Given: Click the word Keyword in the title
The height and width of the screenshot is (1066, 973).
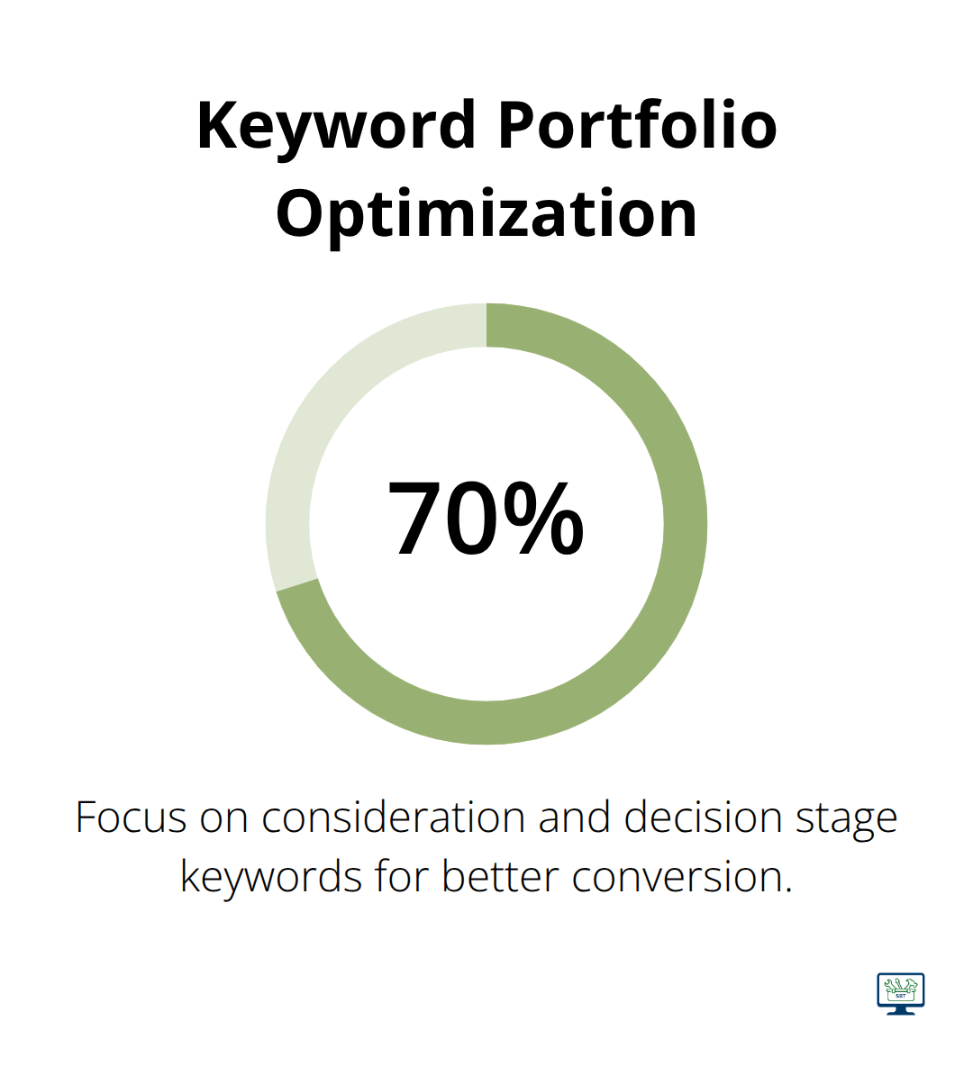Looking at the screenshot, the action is [336, 127].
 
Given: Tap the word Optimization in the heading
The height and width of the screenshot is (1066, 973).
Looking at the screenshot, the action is [486, 212].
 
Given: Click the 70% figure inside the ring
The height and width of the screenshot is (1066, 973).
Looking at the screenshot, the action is [485, 518].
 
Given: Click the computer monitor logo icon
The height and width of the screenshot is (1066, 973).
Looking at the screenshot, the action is [901, 993].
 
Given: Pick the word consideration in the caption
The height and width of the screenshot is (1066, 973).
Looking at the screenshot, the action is [394, 817].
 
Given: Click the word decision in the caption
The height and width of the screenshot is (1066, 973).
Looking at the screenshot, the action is [703, 817].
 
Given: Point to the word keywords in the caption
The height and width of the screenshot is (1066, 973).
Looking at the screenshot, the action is [271, 877].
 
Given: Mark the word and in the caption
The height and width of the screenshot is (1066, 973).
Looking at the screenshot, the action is [574, 817].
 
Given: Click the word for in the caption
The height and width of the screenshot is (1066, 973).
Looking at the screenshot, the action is [402, 876].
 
